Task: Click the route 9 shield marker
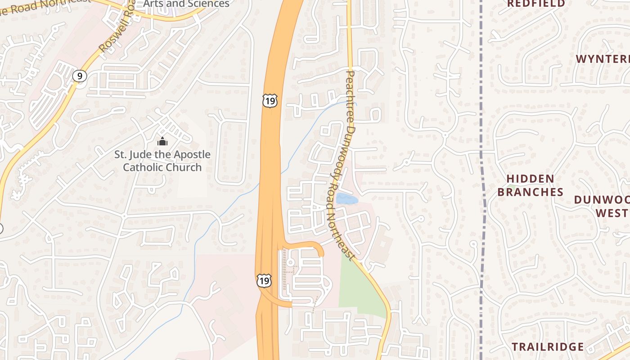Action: point(80,76)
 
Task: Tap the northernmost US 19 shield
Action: point(270,101)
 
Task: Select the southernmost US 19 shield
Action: point(264,281)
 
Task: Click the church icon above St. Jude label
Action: point(162,141)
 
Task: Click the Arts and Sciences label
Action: point(186,4)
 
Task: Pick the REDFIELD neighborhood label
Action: point(536,4)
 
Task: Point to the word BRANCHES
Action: point(531,192)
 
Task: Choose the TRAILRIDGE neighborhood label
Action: point(548,347)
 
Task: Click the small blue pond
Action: point(347,198)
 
